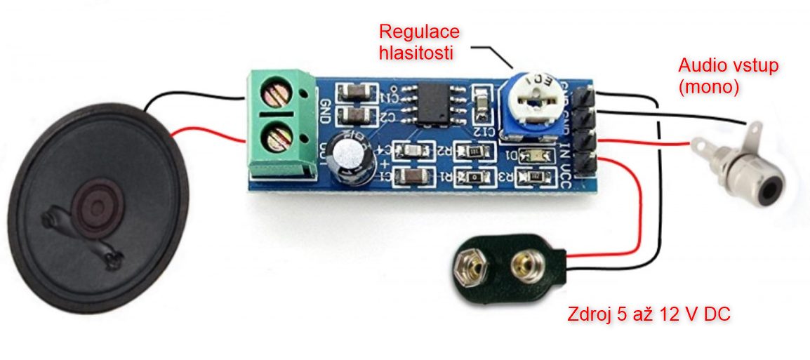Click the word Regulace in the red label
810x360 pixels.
419,32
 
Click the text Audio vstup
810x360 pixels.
729,66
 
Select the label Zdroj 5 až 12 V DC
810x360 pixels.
649,314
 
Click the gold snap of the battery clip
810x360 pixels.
523,264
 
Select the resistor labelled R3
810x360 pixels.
531,178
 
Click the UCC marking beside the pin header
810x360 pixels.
566,174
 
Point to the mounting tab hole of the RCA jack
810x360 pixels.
753,129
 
